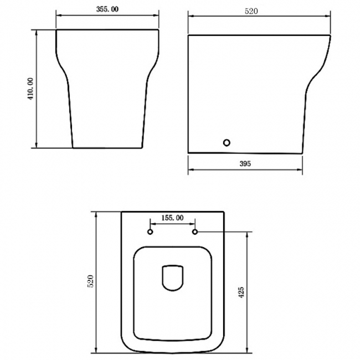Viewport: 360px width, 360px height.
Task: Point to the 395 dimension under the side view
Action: click(246, 163)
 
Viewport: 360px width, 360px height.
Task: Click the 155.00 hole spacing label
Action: click(172, 218)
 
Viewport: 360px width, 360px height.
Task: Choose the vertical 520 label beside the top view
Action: click(91, 281)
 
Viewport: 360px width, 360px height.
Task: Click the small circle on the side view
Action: click(227, 143)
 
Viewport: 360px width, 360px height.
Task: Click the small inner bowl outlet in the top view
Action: click(173, 277)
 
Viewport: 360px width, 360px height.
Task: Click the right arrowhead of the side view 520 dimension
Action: click(331, 17)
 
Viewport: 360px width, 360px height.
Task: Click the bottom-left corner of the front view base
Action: click(73, 148)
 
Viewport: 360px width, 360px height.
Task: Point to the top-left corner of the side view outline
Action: click(189, 35)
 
